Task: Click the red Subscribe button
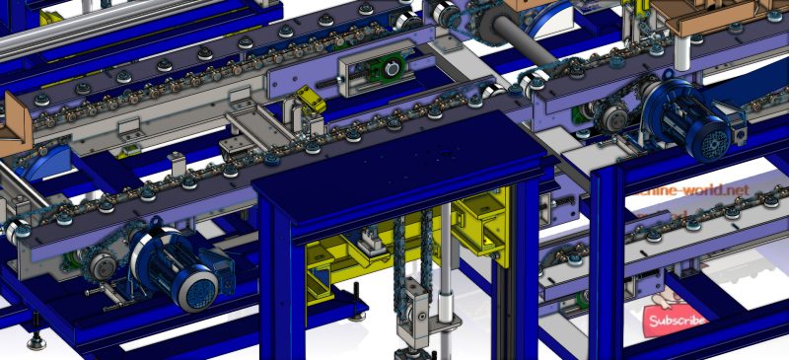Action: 676,321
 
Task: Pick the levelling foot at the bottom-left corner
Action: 37,340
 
